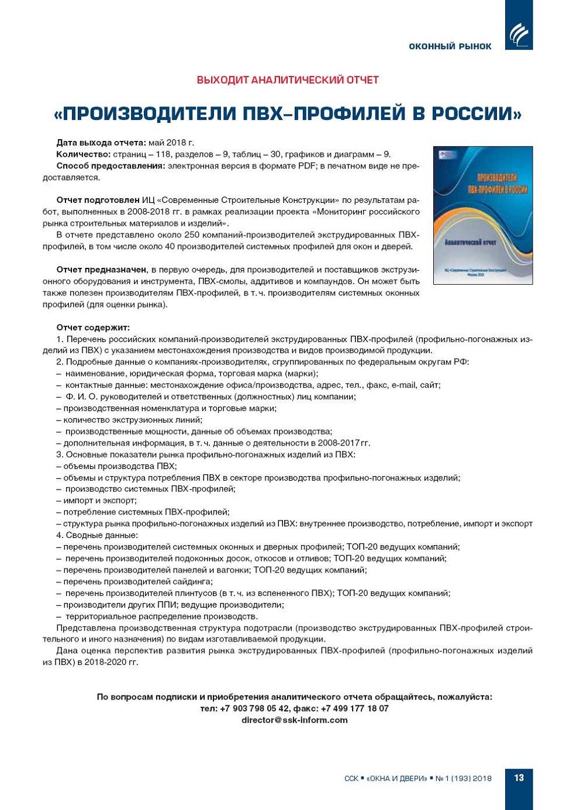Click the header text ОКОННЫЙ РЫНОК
click(x=450, y=46)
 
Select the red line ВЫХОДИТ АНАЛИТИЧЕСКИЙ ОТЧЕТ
click(x=288, y=80)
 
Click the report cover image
click(x=482, y=215)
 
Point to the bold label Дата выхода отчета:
click(x=101, y=143)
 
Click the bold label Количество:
click(x=84, y=154)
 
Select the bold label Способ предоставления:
click(x=111, y=166)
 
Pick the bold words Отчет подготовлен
click(x=98, y=201)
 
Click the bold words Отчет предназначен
click(x=101, y=270)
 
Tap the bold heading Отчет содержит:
click(x=93, y=328)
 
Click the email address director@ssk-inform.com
click(x=295, y=720)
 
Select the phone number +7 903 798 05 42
click(x=254, y=708)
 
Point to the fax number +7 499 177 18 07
click(x=354, y=708)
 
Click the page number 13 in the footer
click(x=519, y=778)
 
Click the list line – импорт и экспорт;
click(x=96, y=501)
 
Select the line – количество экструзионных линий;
click(x=129, y=420)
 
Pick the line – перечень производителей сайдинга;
click(x=134, y=581)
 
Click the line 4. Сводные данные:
click(x=97, y=535)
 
